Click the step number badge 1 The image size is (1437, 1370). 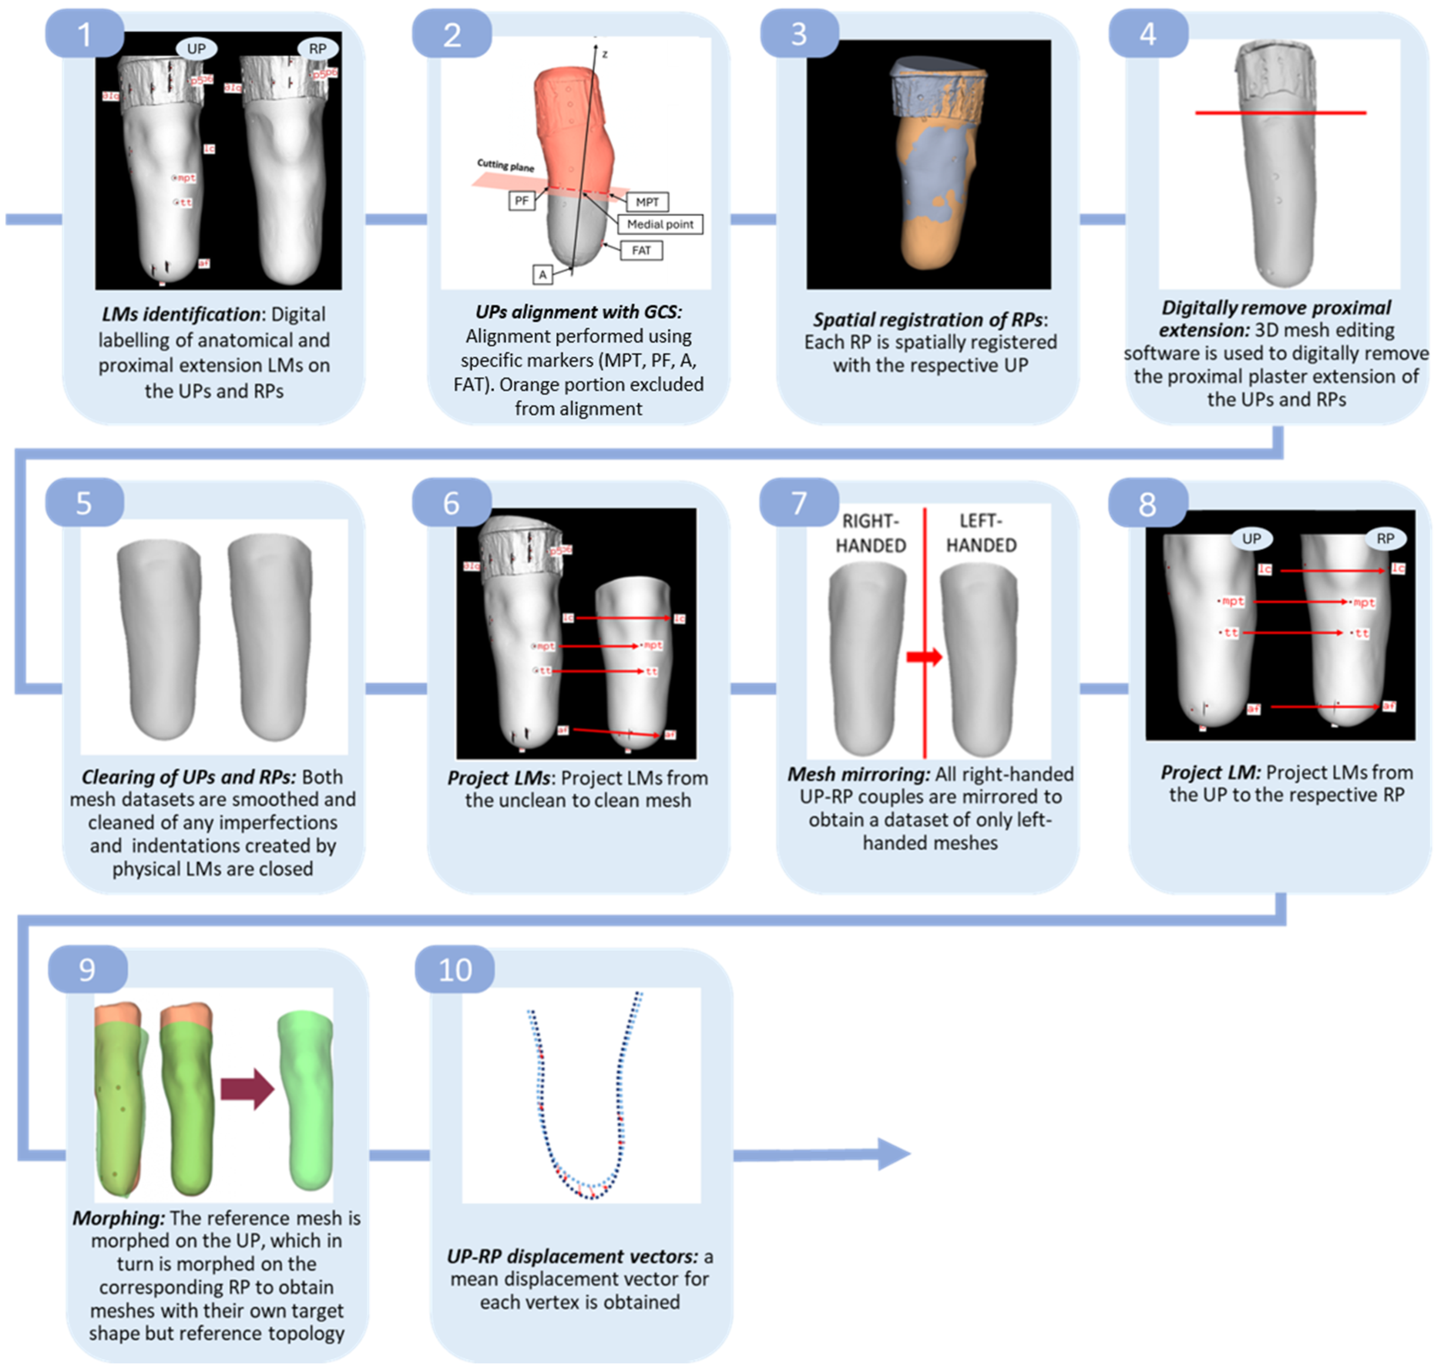coord(84,34)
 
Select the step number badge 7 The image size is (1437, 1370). coord(799,502)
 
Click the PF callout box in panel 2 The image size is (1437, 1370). coord(521,201)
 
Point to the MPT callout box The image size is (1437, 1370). coord(647,202)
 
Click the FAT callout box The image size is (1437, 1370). coord(641,251)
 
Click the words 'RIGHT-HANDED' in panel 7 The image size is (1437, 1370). coord(870,533)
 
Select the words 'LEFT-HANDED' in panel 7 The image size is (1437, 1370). coord(981,533)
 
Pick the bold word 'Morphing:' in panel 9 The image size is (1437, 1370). coord(119,1218)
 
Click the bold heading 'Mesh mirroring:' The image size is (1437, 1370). coord(858,774)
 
